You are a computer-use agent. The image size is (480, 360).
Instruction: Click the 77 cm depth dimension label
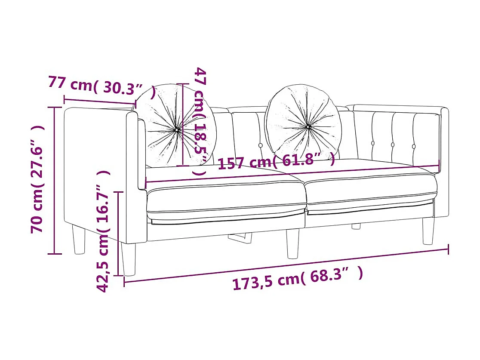[102, 86]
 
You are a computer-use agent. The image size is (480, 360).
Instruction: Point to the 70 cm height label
[37, 179]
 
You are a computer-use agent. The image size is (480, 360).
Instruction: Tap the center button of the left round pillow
[177, 129]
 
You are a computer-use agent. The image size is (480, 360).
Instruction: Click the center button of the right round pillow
[308, 126]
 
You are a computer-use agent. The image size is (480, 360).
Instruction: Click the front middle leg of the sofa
[292, 243]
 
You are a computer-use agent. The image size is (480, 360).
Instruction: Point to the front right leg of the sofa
[428, 231]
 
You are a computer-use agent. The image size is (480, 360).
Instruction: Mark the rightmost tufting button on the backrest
[414, 146]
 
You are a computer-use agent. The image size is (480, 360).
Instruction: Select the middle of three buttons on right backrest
[393, 145]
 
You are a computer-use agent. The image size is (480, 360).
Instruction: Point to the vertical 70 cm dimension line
[54, 181]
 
